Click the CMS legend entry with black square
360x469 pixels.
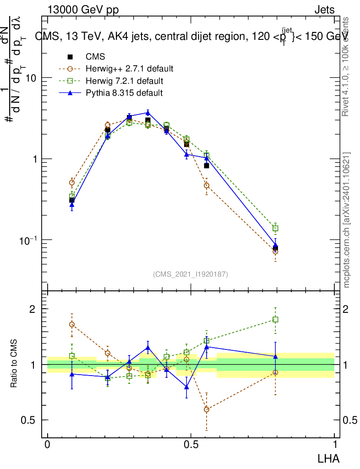pos(95,57)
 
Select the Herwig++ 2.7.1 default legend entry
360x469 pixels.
pos(129,69)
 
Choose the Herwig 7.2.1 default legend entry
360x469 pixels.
pos(124,82)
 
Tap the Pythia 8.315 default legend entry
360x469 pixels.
pos(124,93)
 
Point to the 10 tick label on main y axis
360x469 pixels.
pos(31,78)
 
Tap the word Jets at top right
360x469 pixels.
pos(324,10)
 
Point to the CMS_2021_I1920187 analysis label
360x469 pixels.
pos(191,274)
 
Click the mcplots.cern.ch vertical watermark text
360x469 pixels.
pos(347,220)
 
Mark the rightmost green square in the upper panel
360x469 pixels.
pos(275,228)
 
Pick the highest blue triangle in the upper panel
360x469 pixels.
pos(148,112)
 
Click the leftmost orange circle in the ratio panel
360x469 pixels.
pos(72,324)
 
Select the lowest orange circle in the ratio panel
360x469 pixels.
pos(207,409)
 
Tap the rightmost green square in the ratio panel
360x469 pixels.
pos(275,319)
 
